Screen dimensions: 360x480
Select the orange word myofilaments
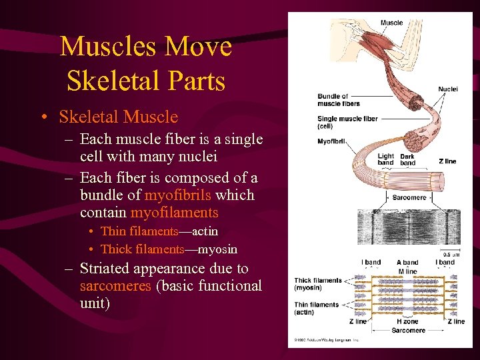click(175, 213)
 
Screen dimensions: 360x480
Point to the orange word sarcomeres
click(113, 286)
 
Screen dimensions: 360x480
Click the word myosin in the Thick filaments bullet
click(221, 249)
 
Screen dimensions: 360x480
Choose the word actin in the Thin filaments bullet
click(204, 231)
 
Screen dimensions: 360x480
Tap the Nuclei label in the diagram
click(447, 89)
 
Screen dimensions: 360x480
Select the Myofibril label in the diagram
click(330, 141)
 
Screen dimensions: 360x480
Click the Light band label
click(385, 160)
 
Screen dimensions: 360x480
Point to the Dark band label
click(407, 160)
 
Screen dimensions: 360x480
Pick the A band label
click(407, 262)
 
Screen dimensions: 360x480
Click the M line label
click(407, 271)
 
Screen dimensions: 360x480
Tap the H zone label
click(407, 321)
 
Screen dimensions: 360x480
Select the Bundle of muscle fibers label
click(339, 100)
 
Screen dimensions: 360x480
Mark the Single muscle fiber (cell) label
click(347, 122)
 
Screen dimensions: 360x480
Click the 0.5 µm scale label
click(451, 254)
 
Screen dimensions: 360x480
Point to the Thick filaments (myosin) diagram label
click(317, 284)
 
